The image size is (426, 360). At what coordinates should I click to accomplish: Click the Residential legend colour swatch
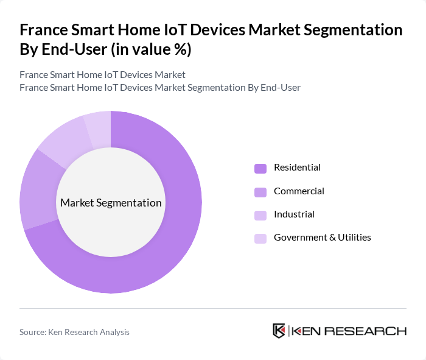pyautogui.click(x=260, y=168)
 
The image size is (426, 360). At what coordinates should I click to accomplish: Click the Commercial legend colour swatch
pyautogui.click(x=260, y=192)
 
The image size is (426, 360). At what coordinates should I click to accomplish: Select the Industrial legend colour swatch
pyautogui.click(x=260, y=215)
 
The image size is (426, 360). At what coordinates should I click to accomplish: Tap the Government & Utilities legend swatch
pyautogui.click(x=260, y=238)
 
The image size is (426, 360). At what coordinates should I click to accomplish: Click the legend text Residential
pyautogui.click(x=297, y=168)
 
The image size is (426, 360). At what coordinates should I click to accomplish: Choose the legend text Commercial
pyautogui.click(x=299, y=191)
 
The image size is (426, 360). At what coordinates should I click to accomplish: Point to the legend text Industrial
pyautogui.click(x=294, y=214)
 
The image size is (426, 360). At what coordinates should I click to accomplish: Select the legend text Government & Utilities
pyautogui.click(x=322, y=238)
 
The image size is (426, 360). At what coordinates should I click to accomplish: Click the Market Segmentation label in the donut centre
pyautogui.click(x=111, y=203)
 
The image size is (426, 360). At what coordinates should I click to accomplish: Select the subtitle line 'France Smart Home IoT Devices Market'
pyautogui.click(x=102, y=75)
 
